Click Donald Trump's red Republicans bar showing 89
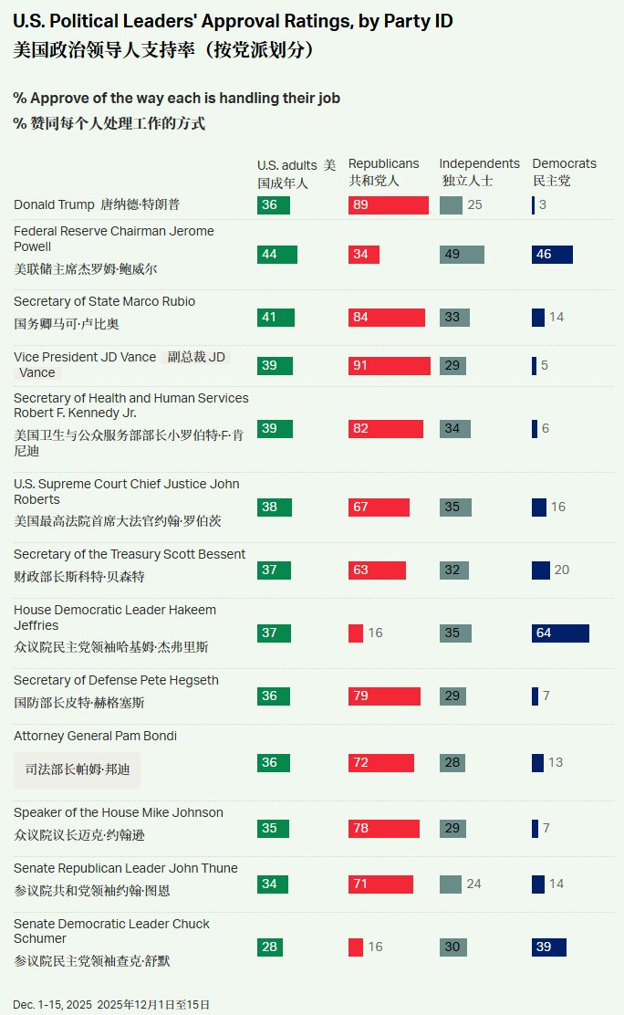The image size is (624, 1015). click(388, 205)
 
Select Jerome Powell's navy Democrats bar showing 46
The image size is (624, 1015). click(552, 255)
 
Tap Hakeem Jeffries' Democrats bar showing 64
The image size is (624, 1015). click(560, 633)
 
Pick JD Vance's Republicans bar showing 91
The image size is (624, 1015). click(389, 366)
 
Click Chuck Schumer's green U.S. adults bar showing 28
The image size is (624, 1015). click(270, 947)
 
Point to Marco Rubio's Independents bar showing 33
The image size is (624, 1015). click(454, 318)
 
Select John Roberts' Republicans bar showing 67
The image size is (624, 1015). click(379, 507)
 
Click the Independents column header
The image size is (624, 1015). click(479, 164)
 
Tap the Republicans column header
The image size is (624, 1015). click(383, 164)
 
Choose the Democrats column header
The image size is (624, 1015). click(564, 164)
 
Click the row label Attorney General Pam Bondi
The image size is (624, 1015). click(95, 737)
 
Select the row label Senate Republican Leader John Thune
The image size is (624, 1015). click(125, 868)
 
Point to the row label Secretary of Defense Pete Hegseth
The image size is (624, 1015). click(116, 681)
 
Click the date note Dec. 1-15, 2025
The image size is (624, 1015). click(52, 1005)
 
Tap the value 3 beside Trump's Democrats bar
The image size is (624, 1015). click(542, 205)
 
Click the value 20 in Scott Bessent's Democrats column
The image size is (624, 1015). click(561, 570)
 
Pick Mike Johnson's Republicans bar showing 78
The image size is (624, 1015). click(383, 829)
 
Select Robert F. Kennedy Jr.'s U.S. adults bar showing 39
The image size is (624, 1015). click(275, 429)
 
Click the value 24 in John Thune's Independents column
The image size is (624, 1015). click(474, 884)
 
